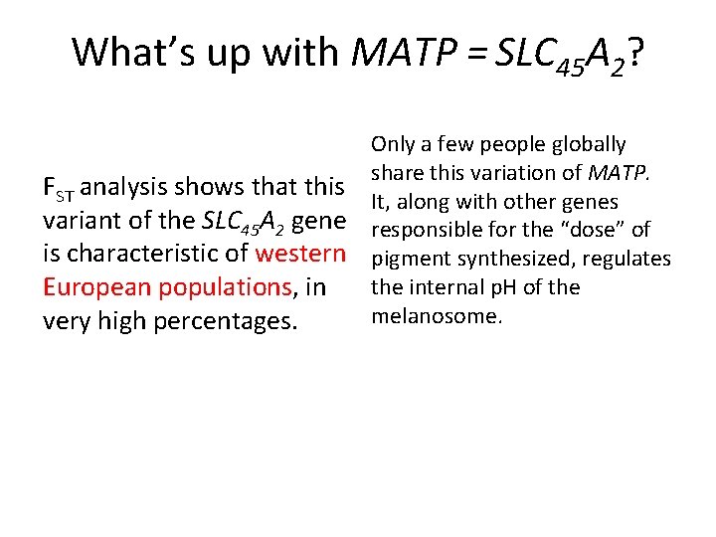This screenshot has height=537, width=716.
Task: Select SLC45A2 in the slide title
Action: pos(557,54)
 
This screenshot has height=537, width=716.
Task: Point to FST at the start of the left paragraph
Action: pos(59,187)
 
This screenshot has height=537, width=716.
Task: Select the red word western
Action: pos(300,253)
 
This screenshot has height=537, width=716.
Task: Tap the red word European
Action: pos(90,287)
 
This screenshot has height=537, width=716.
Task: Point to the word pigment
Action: pos(408,260)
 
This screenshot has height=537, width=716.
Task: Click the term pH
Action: pos(522,288)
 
